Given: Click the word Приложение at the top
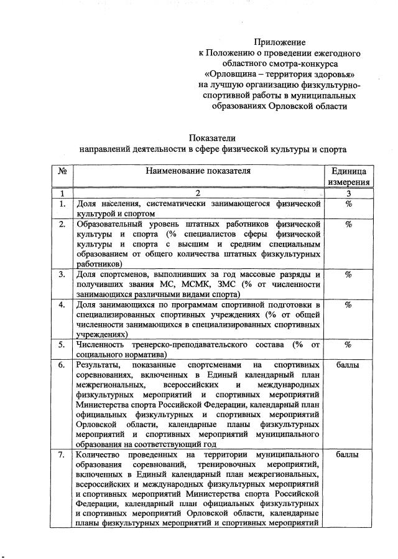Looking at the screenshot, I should [279, 42].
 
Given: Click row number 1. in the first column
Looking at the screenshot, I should [62, 204].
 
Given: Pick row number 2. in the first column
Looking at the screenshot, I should [62, 223].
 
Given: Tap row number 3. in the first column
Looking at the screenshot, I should [62, 274].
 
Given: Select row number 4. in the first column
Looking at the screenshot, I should [62, 304].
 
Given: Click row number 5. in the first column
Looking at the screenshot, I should [62, 344].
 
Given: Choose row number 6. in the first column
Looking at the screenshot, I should [62, 365].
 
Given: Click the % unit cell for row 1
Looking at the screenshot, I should [348, 204].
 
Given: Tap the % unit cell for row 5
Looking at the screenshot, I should [348, 344].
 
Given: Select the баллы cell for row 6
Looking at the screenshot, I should [348, 365].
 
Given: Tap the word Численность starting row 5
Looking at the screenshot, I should [101, 344].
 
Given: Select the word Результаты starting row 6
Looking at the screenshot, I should [99, 365].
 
